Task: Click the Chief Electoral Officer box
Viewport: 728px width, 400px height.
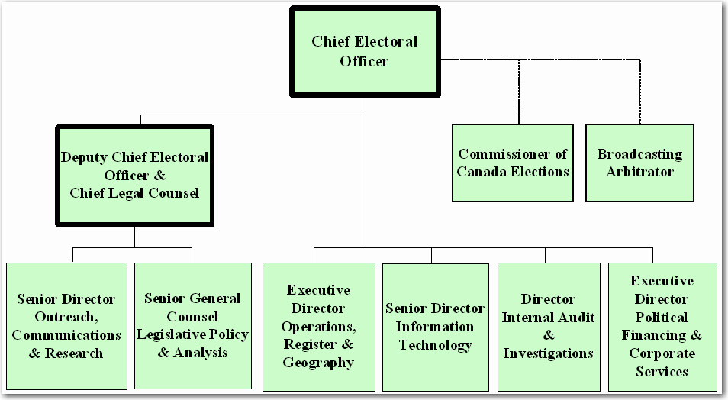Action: [364, 51]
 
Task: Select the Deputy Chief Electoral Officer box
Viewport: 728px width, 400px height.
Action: [134, 175]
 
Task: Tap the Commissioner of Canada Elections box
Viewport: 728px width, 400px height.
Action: [513, 163]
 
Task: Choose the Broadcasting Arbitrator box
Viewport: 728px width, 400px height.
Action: [639, 163]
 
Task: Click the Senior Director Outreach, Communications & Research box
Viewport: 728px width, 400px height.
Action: [66, 326]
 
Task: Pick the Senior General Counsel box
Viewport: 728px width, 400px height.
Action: [192, 326]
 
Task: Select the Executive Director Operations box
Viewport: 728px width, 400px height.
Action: [318, 327]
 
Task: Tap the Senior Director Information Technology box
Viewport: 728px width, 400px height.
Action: [435, 327]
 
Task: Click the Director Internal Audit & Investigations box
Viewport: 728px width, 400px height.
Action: [548, 327]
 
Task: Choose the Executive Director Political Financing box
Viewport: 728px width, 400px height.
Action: [662, 327]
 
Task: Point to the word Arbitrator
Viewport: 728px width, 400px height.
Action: [639, 172]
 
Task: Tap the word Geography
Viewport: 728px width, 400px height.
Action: [318, 363]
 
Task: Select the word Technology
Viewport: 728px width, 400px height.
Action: [435, 345]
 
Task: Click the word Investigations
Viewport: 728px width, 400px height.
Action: [548, 353]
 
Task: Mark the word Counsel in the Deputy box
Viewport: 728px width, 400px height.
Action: [170, 193]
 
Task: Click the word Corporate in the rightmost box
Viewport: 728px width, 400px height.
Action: [662, 353]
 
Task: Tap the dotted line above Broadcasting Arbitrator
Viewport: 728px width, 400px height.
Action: [639, 92]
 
